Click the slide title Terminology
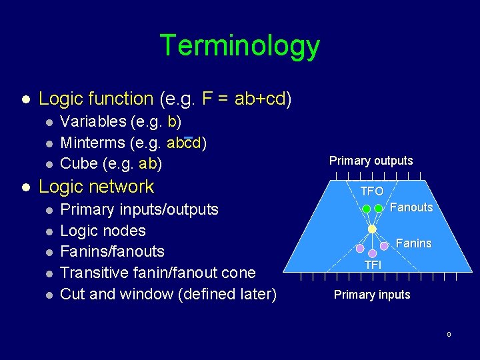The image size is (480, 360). coord(240,46)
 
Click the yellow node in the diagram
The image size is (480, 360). coord(372,229)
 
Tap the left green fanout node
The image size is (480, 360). coord(366,209)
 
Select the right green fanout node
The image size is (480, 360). coord(378,209)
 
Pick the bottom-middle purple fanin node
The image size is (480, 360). coord(372,254)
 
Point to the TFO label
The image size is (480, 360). coord(372,191)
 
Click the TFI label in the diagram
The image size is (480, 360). coord(372,266)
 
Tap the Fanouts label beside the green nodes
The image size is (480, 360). coord(411,207)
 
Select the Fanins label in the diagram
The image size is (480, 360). coord(413,243)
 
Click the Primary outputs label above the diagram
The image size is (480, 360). coord(371,161)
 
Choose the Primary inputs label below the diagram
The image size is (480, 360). coord(372,295)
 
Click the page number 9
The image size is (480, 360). coord(449,334)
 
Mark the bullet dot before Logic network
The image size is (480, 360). coord(26,187)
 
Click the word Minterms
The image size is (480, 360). coord(93,143)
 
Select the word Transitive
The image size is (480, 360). coord(93,273)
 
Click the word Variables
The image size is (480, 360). coord(93,121)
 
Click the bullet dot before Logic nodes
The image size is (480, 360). coord(48,231)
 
